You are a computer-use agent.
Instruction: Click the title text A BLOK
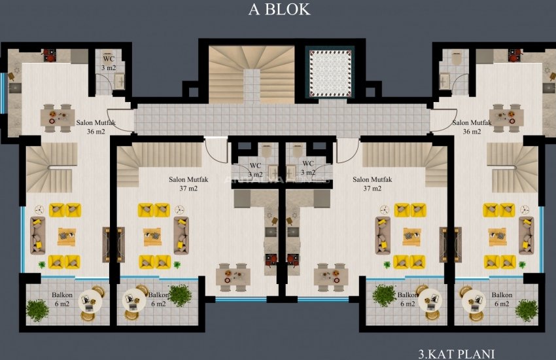pos(279,10)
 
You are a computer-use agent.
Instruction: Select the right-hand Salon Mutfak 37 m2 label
pos(372,184)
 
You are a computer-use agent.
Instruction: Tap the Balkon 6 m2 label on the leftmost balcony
pos(62,299)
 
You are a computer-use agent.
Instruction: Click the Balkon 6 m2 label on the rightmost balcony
pos(502,299)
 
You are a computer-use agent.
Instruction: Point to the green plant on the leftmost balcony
pos(37,310)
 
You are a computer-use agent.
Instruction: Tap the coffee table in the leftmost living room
pos(66,236)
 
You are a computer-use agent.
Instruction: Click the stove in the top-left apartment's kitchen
pos(50,56)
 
